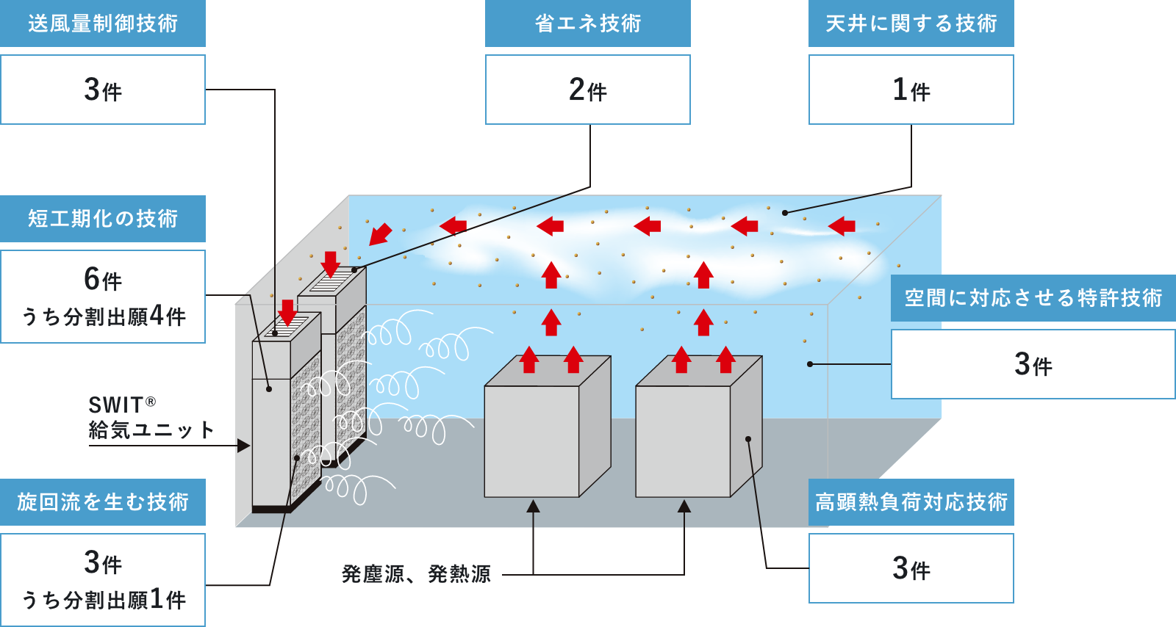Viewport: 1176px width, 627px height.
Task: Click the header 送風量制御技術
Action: (x=103, y=23)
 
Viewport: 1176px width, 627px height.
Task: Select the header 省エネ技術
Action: (x=587, y=23)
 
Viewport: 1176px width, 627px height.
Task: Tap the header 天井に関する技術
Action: (x=911, y=23)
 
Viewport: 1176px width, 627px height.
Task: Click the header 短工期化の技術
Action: (x=103, y=219)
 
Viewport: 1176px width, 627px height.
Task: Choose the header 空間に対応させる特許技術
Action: (x=1033, y=298)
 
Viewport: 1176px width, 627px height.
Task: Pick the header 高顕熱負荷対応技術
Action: (x=911, y=502)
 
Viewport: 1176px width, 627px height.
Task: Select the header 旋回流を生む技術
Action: (x=103, y=502)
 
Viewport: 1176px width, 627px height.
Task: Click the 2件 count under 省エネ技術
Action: (x=587, y=90)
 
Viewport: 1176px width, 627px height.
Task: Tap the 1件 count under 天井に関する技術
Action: (x=911, y=90)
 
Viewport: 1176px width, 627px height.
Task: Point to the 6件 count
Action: (x=103, y=280)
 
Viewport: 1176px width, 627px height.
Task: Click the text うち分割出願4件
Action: (x=103, y=316)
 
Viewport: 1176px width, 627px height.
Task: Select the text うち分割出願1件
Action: (x=103, y=600)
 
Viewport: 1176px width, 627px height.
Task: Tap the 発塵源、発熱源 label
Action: (x=416, y=574)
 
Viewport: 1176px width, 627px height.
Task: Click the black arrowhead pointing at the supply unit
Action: (x=243, y=445)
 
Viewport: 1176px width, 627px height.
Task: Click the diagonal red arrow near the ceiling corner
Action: (x=380, y=233)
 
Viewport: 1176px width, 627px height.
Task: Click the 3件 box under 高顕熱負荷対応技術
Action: (x=911, y=568)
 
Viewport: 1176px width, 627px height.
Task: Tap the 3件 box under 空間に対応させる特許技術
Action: (x=1033, y=364)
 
